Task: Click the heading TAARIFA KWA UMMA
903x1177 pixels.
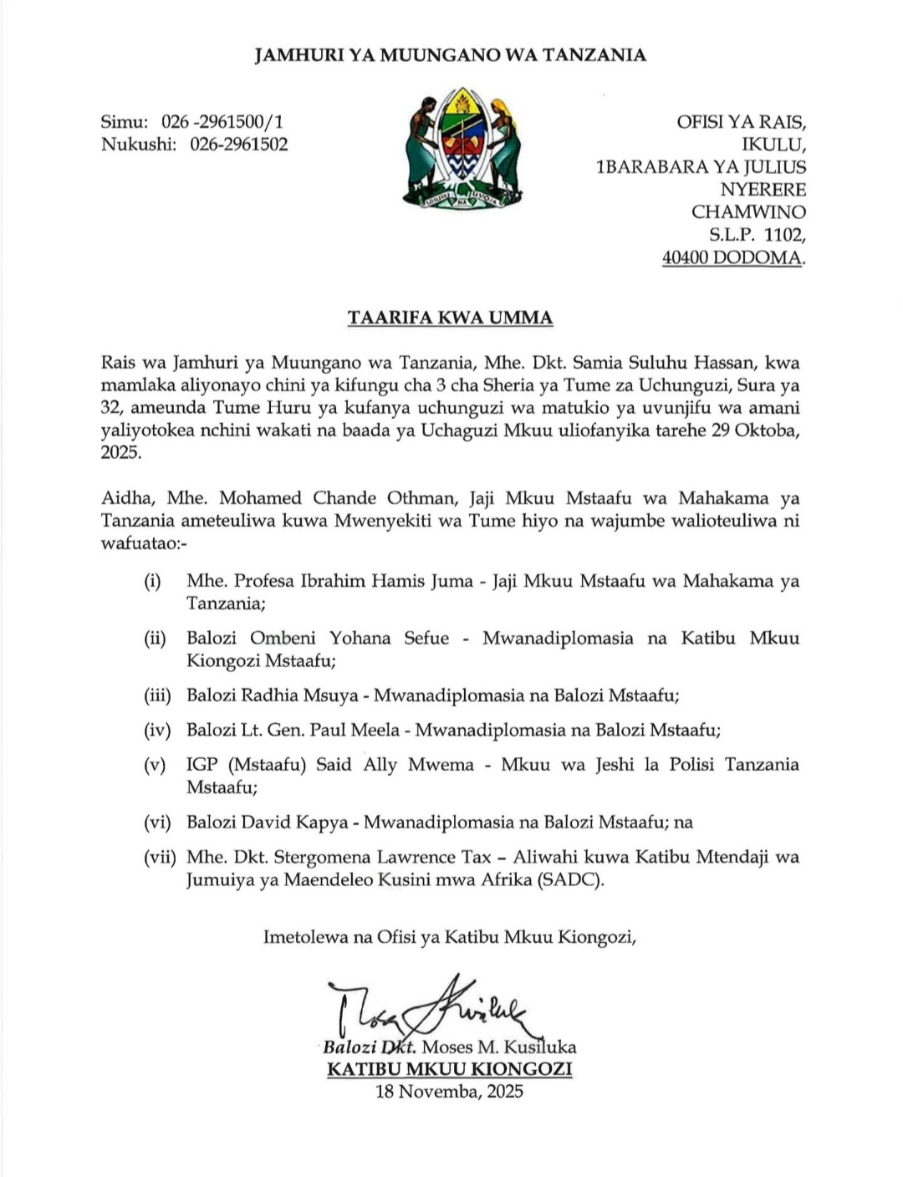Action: [451, 318]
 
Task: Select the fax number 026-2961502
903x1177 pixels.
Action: [238, 144]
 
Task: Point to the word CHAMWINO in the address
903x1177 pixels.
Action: [748, 212]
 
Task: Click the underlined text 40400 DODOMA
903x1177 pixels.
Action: [733, 257]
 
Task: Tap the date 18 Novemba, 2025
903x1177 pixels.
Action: [450, 1091]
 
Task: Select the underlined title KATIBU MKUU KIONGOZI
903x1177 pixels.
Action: [450, 1069]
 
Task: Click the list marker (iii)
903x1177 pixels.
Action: [157, 695]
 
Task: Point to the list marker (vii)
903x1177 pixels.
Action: [157, 857]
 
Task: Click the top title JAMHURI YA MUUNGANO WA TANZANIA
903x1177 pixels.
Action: [450, 55]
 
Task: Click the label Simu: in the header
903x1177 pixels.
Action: [124, 122]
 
